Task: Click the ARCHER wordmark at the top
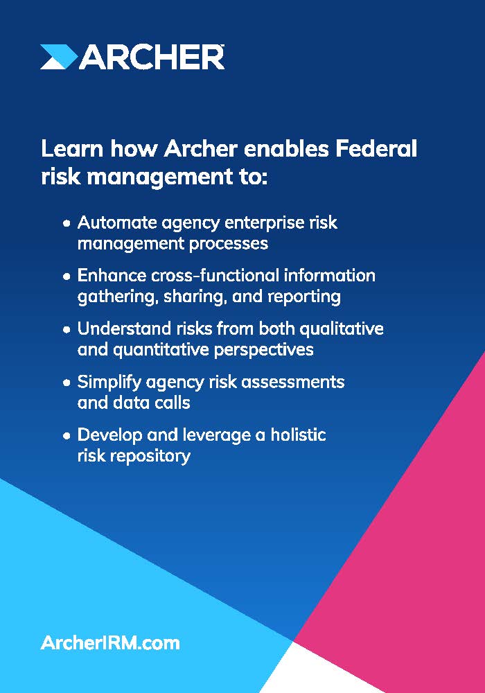152,57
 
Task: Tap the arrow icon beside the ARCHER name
59,57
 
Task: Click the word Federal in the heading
376,148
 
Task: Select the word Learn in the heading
72,148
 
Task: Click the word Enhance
112,275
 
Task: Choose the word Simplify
109,383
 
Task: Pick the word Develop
109,435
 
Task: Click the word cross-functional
215,275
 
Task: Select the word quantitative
161,350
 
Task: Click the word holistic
298,435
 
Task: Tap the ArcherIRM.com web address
110,642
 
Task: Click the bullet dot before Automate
67,224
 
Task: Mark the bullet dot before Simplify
67,383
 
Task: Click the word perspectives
264,350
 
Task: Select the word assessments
292,382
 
